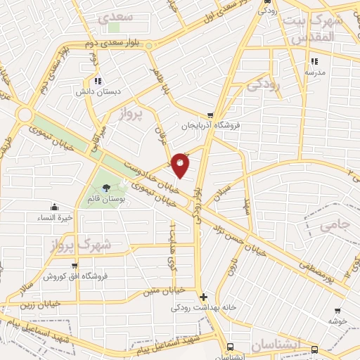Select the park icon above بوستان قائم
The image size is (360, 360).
105,188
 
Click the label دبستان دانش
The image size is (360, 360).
98,91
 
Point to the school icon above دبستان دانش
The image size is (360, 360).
98,81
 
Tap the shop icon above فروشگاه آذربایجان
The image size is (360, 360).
210,115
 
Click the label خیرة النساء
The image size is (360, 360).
55,217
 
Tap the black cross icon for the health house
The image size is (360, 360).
203,297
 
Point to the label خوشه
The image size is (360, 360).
338,321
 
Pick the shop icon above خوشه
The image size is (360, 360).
337,310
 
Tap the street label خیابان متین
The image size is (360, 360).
163,290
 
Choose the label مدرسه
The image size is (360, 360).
314,72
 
